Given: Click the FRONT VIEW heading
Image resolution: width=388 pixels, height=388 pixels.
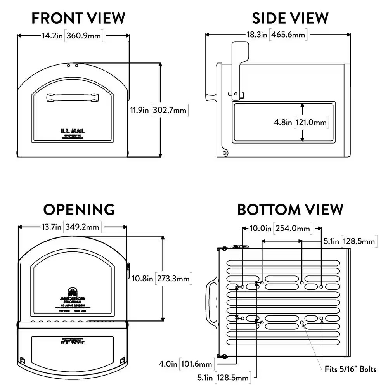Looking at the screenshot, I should click(x=78, y=18).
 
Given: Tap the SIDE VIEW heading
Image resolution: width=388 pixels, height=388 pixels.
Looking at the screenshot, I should click(x=290, y=18).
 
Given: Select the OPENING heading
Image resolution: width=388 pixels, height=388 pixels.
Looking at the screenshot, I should click(x=79, y=210).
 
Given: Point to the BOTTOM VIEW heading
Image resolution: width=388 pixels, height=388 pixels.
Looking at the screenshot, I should click(x=290, y=210).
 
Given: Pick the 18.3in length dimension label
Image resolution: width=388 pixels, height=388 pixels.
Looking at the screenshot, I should click(x=257, y=35).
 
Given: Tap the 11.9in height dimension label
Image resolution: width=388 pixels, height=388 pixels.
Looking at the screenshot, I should click(x=140, y=110).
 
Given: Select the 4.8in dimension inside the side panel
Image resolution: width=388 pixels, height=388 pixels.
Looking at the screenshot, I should click(x=283, y=122).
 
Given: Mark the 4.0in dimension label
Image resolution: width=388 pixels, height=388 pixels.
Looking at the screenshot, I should click(x=168, y=364).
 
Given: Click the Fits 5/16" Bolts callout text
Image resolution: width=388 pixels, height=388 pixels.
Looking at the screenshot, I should click(x=350, y=369).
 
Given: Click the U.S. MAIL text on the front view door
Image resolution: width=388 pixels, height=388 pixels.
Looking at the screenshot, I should click(x=72, y=131).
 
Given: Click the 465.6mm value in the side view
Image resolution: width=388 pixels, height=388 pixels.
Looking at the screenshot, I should click(x=288, y=35).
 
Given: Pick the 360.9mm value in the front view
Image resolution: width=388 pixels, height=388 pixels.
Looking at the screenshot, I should click(x=84, y=36).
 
